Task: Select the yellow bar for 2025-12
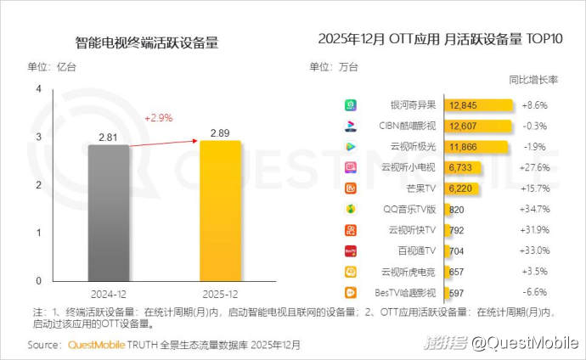point(220,211)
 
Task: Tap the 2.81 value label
point(107,136)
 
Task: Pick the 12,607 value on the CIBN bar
point(465,127)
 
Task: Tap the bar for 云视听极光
point(476,147)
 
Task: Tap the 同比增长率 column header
point(532,80)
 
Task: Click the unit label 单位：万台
point(334,66)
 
